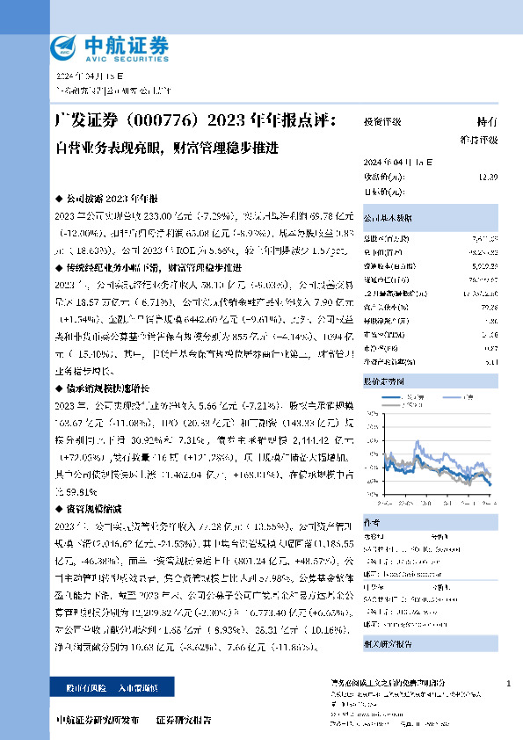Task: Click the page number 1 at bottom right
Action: (509, 684)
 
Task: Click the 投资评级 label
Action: (381, 124)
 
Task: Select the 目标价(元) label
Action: (380, 191)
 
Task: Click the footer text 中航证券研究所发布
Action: (96, 721)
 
